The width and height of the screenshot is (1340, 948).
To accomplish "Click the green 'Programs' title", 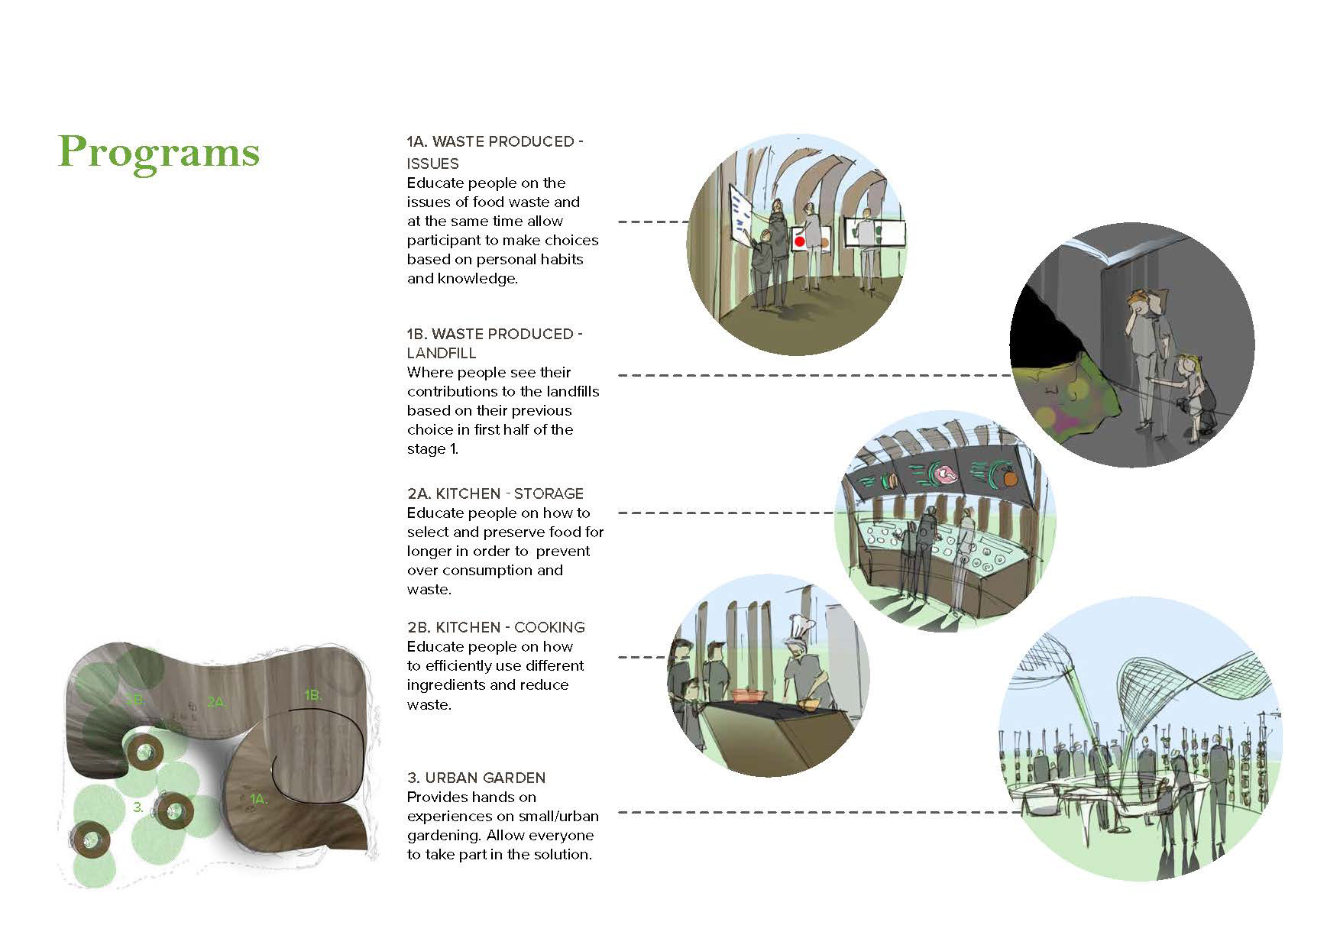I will (159, 152).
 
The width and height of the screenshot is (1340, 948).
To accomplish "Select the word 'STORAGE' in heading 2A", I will (548, 493).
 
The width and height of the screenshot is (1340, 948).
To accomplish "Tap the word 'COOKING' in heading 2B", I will (549, 627).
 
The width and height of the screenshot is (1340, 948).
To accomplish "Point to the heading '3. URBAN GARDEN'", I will (476, 778).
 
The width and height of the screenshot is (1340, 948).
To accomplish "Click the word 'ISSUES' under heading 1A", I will (432, 163).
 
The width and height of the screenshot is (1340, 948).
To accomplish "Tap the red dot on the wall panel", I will (799, 241).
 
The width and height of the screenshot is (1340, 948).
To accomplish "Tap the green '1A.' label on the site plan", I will (258, 799).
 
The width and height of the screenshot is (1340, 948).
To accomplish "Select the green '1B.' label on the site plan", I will (312, 695).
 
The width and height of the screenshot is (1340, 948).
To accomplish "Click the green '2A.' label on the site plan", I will (216, 701).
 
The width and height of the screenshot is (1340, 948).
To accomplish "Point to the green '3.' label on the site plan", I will (138, 807).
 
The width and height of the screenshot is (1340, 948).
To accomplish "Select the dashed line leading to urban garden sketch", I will (817, 812).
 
